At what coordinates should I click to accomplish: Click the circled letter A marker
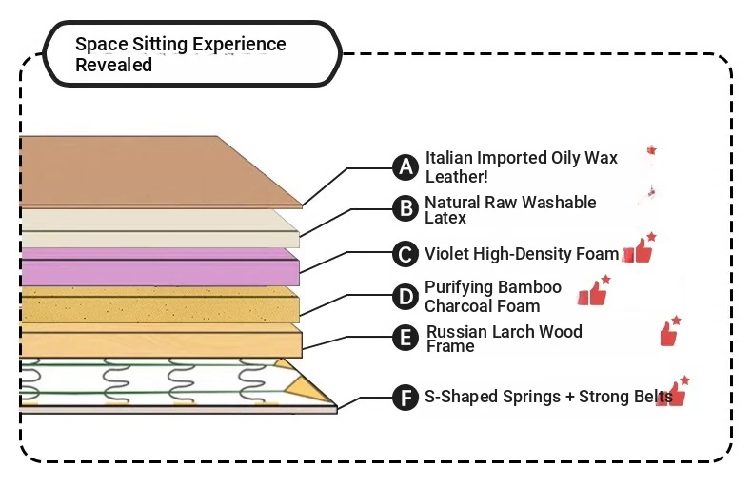406,167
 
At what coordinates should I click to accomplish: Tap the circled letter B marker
406,208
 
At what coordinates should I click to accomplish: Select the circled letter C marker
406,254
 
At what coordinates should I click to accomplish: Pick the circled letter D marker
406,297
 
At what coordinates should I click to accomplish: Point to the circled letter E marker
406,338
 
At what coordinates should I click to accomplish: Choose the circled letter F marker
406,398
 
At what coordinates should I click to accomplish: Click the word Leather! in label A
457,176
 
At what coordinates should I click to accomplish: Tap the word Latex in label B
445,218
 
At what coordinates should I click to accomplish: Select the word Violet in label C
446,254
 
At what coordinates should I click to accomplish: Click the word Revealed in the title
113,65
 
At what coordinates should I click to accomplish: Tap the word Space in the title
101,44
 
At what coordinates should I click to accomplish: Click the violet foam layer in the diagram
160,267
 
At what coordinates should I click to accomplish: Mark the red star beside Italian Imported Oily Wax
651,150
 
